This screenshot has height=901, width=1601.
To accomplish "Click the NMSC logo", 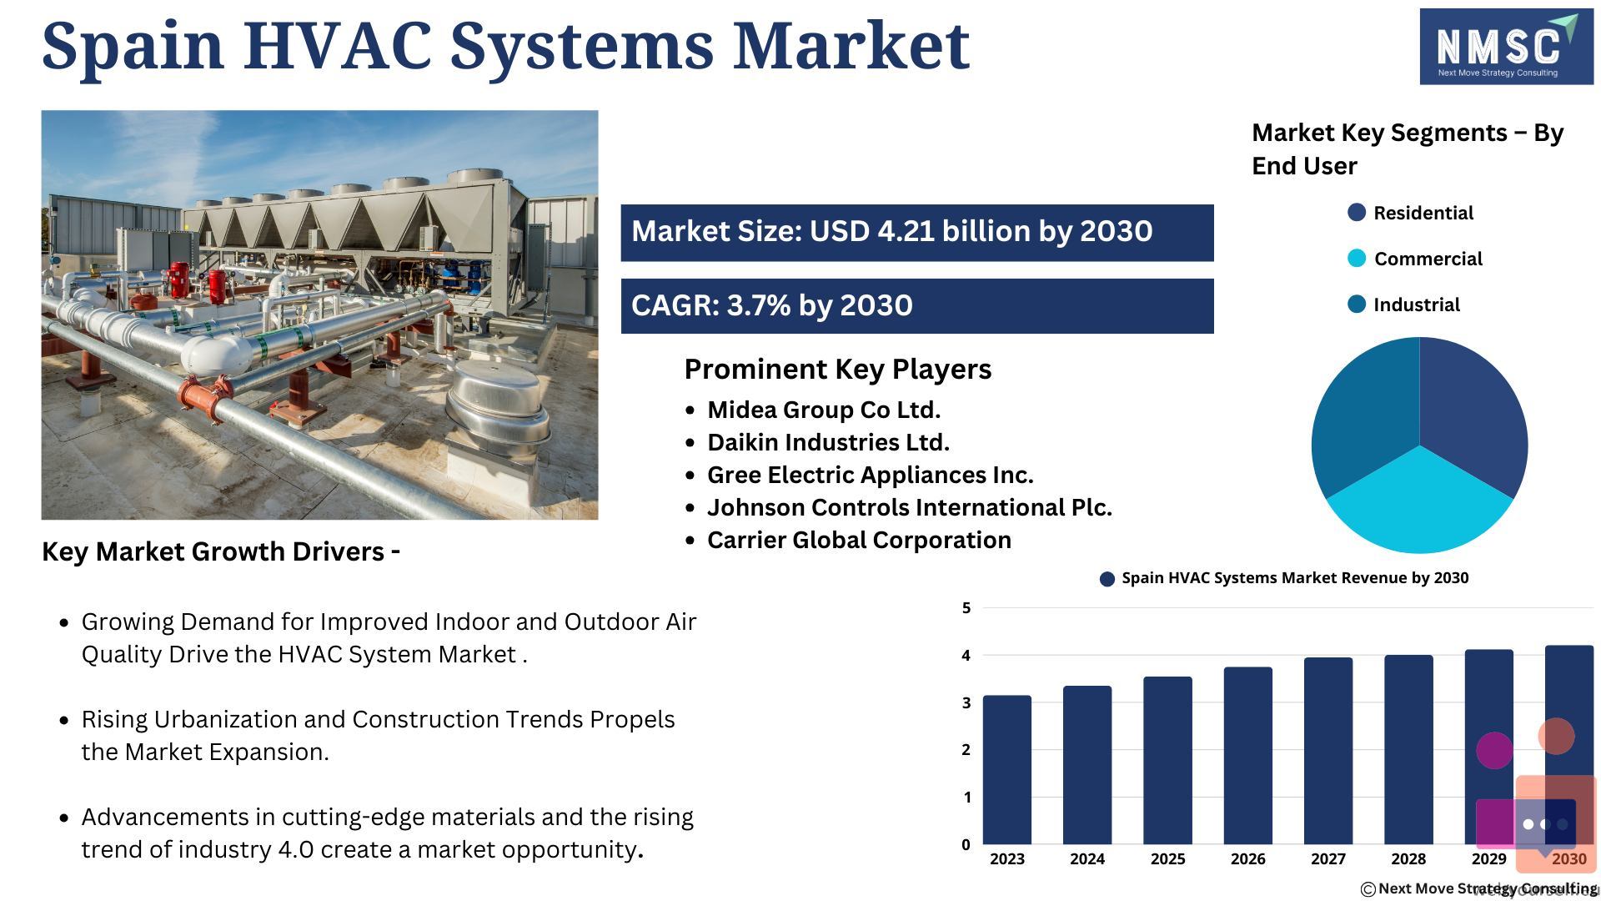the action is click(1506, 47).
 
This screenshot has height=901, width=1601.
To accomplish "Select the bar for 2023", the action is click(1006, 769).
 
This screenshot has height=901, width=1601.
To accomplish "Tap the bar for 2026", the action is click(1247, 755).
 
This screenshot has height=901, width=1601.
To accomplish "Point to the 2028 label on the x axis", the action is click(1408, 858).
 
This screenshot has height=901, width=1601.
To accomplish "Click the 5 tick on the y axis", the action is click(966, 608).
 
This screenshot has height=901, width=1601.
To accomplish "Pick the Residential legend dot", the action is click(1357, 213).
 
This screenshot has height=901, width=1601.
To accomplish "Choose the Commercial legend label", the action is click(1428, 259).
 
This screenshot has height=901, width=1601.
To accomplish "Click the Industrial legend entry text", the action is click(1417, 305).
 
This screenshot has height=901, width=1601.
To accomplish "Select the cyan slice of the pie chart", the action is click(1419, 505).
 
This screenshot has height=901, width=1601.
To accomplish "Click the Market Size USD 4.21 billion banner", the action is click(917, 233).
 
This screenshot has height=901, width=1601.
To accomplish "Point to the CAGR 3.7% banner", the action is click(917, 306).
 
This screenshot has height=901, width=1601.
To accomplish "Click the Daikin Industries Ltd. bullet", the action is click(828, 442).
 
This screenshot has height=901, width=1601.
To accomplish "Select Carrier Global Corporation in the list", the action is click(859, 540).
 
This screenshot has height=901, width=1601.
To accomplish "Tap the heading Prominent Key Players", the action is click(838, 370).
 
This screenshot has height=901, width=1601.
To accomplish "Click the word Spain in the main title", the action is click(133, 47).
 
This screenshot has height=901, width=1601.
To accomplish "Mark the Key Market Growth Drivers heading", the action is click(221, 551).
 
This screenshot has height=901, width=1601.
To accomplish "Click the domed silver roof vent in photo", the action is click(497, 409).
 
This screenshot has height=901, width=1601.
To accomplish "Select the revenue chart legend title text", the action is click(1295, 578).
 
